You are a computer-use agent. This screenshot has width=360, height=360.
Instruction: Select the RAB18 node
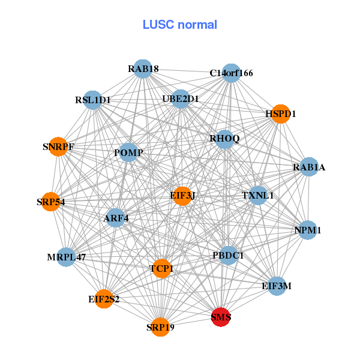[x=142, y=69]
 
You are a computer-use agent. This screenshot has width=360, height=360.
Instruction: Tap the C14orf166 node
[x=231, y=73]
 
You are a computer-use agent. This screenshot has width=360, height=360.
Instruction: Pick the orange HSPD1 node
[x=280, y=113]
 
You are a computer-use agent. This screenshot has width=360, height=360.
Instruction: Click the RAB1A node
[x=308, y=167]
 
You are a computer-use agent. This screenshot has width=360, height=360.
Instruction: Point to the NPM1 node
[x=308, y=230]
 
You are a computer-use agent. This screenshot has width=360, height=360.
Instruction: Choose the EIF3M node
[x=276, y=286]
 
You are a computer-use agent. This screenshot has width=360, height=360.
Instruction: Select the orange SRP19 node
[x=160, y=327]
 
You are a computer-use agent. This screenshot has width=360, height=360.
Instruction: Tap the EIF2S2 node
[x=104, y=299]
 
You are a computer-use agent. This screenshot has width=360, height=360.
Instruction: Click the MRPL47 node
[x=67, y=257]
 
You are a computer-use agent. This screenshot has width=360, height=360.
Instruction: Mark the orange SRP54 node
[x=50, y=202]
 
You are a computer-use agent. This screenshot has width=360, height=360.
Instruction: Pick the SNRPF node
[x=58, y=146]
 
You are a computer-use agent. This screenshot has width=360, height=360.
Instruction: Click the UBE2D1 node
[x=181, y=98]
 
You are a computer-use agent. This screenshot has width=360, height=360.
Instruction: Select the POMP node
[x=128, y=153]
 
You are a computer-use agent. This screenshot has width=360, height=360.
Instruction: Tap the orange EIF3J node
[x=183, y=195]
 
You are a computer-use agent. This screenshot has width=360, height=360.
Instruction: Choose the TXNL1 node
[x=257, y=196]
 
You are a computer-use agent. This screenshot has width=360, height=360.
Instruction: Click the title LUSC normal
[x=179, y=25]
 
